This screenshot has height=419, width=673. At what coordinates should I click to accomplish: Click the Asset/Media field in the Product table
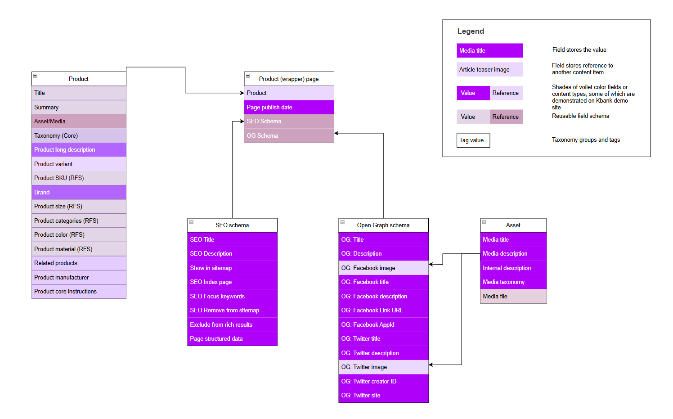[79, 121]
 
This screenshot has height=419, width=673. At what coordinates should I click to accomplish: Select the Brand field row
[79, 192]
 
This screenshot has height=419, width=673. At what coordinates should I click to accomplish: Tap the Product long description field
[79, 149]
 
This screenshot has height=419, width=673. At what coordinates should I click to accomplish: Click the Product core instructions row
[79, 291]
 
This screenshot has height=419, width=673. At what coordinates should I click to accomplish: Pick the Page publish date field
[289, 107]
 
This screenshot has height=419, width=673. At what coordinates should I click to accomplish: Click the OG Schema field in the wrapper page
[289, 135]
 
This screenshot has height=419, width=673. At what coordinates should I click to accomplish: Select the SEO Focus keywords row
[232, 296]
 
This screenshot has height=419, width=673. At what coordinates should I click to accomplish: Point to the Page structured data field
[232, 338]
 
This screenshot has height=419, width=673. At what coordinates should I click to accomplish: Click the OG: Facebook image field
[383, 268]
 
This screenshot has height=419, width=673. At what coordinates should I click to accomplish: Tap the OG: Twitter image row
[383, 367]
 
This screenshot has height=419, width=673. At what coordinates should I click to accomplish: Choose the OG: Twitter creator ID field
[383, 381]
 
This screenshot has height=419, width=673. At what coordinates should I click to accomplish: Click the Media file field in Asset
[513, 296]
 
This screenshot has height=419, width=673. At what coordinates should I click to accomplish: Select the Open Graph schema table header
[383, 225]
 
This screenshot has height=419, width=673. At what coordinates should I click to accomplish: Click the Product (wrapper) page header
[289, 79]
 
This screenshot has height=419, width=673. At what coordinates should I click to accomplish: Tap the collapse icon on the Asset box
[484, 222]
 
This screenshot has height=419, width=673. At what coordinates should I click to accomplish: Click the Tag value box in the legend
[473, 140]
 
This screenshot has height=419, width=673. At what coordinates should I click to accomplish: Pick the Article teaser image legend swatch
[489, 69]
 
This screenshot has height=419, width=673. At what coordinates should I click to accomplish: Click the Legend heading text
[471, 31]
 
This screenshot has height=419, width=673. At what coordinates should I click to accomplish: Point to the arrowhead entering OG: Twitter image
[431, 365]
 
